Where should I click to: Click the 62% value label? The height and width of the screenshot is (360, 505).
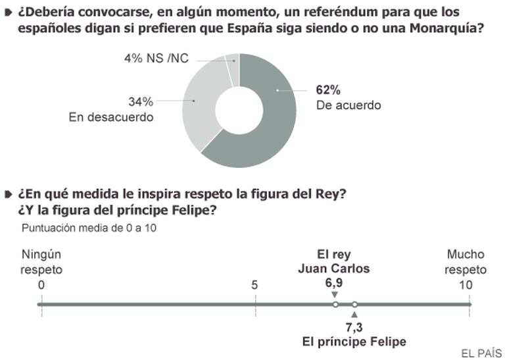327,90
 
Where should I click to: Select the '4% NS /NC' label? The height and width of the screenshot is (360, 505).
156,59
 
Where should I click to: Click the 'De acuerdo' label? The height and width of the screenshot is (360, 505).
349,105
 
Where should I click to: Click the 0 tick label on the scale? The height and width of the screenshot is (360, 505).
41,285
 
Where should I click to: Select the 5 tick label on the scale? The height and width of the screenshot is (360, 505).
254,285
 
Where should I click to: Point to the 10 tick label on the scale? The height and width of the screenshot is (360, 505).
466,285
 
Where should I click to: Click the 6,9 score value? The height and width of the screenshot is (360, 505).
334,282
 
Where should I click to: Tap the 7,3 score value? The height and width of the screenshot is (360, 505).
354,327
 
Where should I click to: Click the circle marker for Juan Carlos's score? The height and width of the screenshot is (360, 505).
335,305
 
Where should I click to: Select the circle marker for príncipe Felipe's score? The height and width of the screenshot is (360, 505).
354,305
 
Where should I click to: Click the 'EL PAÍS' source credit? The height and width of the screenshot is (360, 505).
481,353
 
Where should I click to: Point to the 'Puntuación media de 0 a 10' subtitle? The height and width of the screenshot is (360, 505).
89,228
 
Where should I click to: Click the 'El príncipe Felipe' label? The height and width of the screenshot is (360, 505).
354,342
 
